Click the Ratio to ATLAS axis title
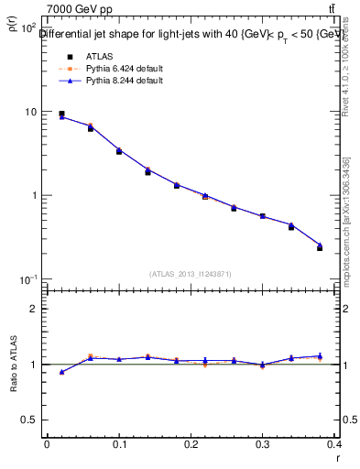coord(13,365)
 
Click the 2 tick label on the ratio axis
coord(32,309)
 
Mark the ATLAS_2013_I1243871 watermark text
coord(191,274)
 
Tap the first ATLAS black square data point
coord(61,114)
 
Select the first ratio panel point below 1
coord(61,372)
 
